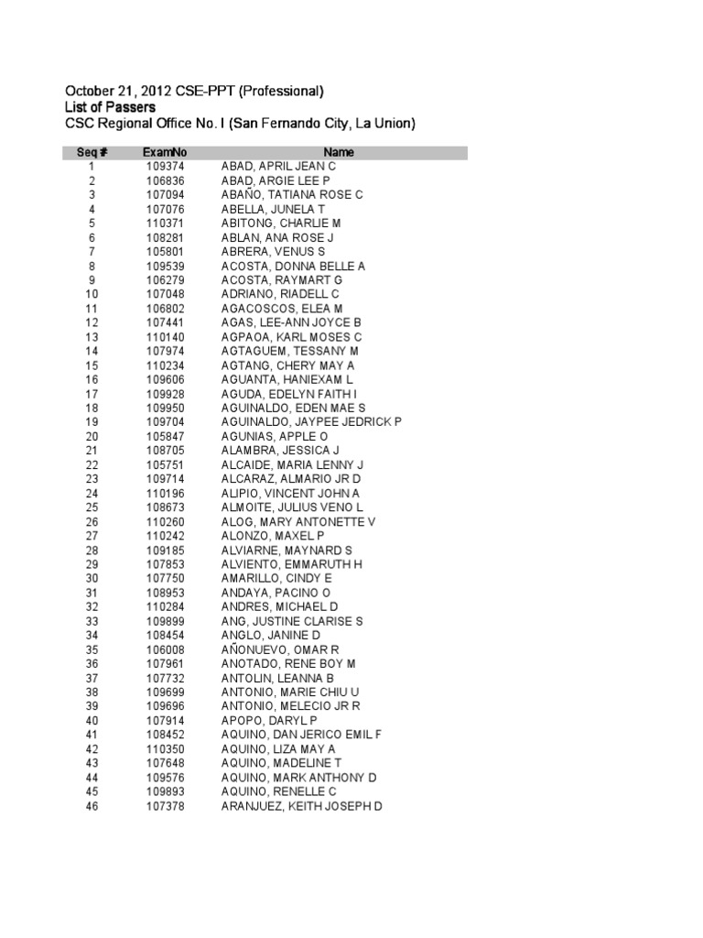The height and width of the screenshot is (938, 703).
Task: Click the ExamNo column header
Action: (165, 152)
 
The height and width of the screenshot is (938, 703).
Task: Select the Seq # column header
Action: (92, 152)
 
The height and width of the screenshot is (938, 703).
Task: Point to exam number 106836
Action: (165, 180)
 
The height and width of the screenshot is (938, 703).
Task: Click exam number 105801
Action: (165, 251)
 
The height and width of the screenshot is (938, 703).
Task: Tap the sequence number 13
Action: (92, 336)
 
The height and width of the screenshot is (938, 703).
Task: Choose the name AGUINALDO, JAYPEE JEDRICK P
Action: (311, 421)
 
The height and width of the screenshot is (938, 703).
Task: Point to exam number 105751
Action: (165, 464)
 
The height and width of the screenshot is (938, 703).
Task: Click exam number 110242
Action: (165, 535)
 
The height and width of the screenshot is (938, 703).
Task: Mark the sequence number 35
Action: (92, 649)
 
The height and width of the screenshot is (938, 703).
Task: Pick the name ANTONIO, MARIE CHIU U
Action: (290, 692)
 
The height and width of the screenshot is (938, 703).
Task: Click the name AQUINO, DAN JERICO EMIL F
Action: (301, 735)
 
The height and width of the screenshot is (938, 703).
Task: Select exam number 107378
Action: (165, 805)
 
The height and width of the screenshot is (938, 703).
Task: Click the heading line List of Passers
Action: (110, 107)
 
